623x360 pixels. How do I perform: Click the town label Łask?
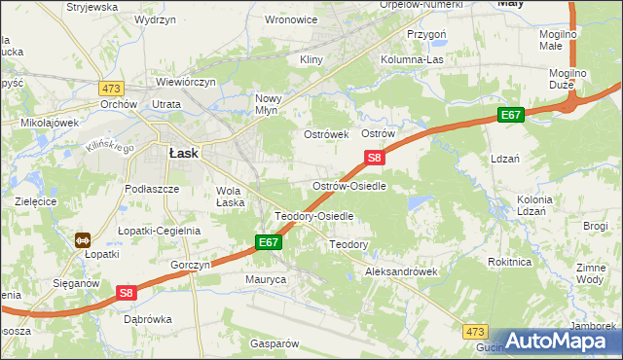pos(184,153)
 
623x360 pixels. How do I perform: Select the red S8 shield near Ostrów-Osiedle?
pos(376,157)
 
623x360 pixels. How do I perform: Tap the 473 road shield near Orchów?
pos(110,87)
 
